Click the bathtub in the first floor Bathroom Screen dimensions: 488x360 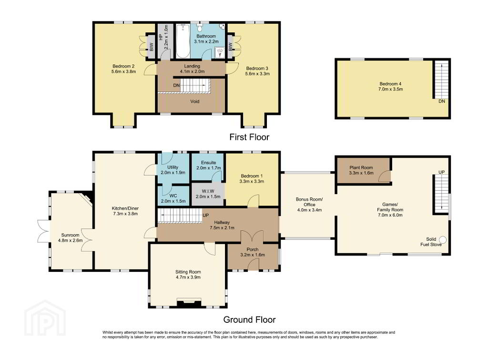coord(183,41)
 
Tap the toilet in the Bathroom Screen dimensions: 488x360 coord(200,28)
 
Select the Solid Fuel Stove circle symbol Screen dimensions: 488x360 coord(443,240)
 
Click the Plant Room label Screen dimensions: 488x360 coord(361,167)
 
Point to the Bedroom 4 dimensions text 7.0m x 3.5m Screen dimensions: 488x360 coord(391,89)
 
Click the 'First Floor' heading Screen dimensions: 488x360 coord(249,137)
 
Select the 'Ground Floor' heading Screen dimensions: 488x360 coord(249,319)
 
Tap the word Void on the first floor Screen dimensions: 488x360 coord(195,101)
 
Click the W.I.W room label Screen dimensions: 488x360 coord(208,191)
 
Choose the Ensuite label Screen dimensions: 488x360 coord(209,163)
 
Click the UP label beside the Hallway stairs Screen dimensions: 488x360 coord(206,215)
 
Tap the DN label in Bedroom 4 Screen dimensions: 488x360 coord(442,101)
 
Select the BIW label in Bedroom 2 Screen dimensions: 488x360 coord(152,47)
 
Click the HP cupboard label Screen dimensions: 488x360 coord(161,37)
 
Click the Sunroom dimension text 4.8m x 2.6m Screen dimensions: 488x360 coord(71,240)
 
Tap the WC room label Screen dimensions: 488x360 coord(173,195)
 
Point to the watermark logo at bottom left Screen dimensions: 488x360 coord(45,318)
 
